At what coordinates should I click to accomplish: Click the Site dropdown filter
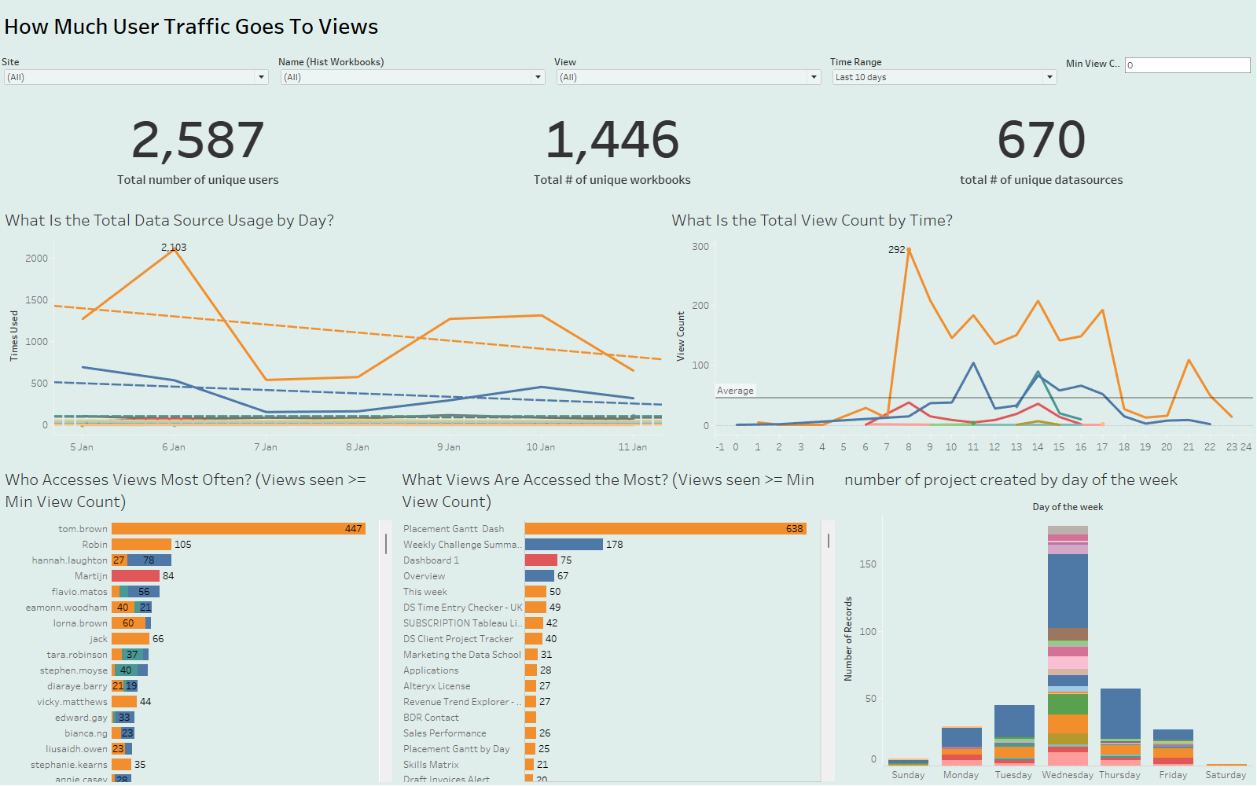pos(135,77)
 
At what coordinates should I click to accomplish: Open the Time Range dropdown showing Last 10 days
pos(943,77)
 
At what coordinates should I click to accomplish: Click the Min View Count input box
pos(1187,65)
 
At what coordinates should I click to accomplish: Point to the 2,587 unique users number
pos(197,140)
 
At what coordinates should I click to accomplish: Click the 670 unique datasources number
pos(1041,140)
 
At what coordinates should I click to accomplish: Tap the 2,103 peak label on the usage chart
pos(174,247)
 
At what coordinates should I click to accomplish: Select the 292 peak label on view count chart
pos(896,249)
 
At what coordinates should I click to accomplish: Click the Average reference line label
pos(735,391)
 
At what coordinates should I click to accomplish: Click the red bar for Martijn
pos(135,576)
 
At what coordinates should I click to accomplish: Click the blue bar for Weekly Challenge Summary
pos(564,545)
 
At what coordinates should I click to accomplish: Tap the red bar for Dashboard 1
pos(541,560)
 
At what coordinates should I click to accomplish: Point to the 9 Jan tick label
pos(449,447)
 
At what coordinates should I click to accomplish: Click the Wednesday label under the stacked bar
pos(1068,775)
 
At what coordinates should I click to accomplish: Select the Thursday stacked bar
pos(1120,723)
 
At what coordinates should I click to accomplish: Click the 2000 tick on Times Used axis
pos(37,259)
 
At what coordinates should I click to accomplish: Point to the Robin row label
pos(95,545)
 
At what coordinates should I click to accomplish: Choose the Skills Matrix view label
pos(431,765)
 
